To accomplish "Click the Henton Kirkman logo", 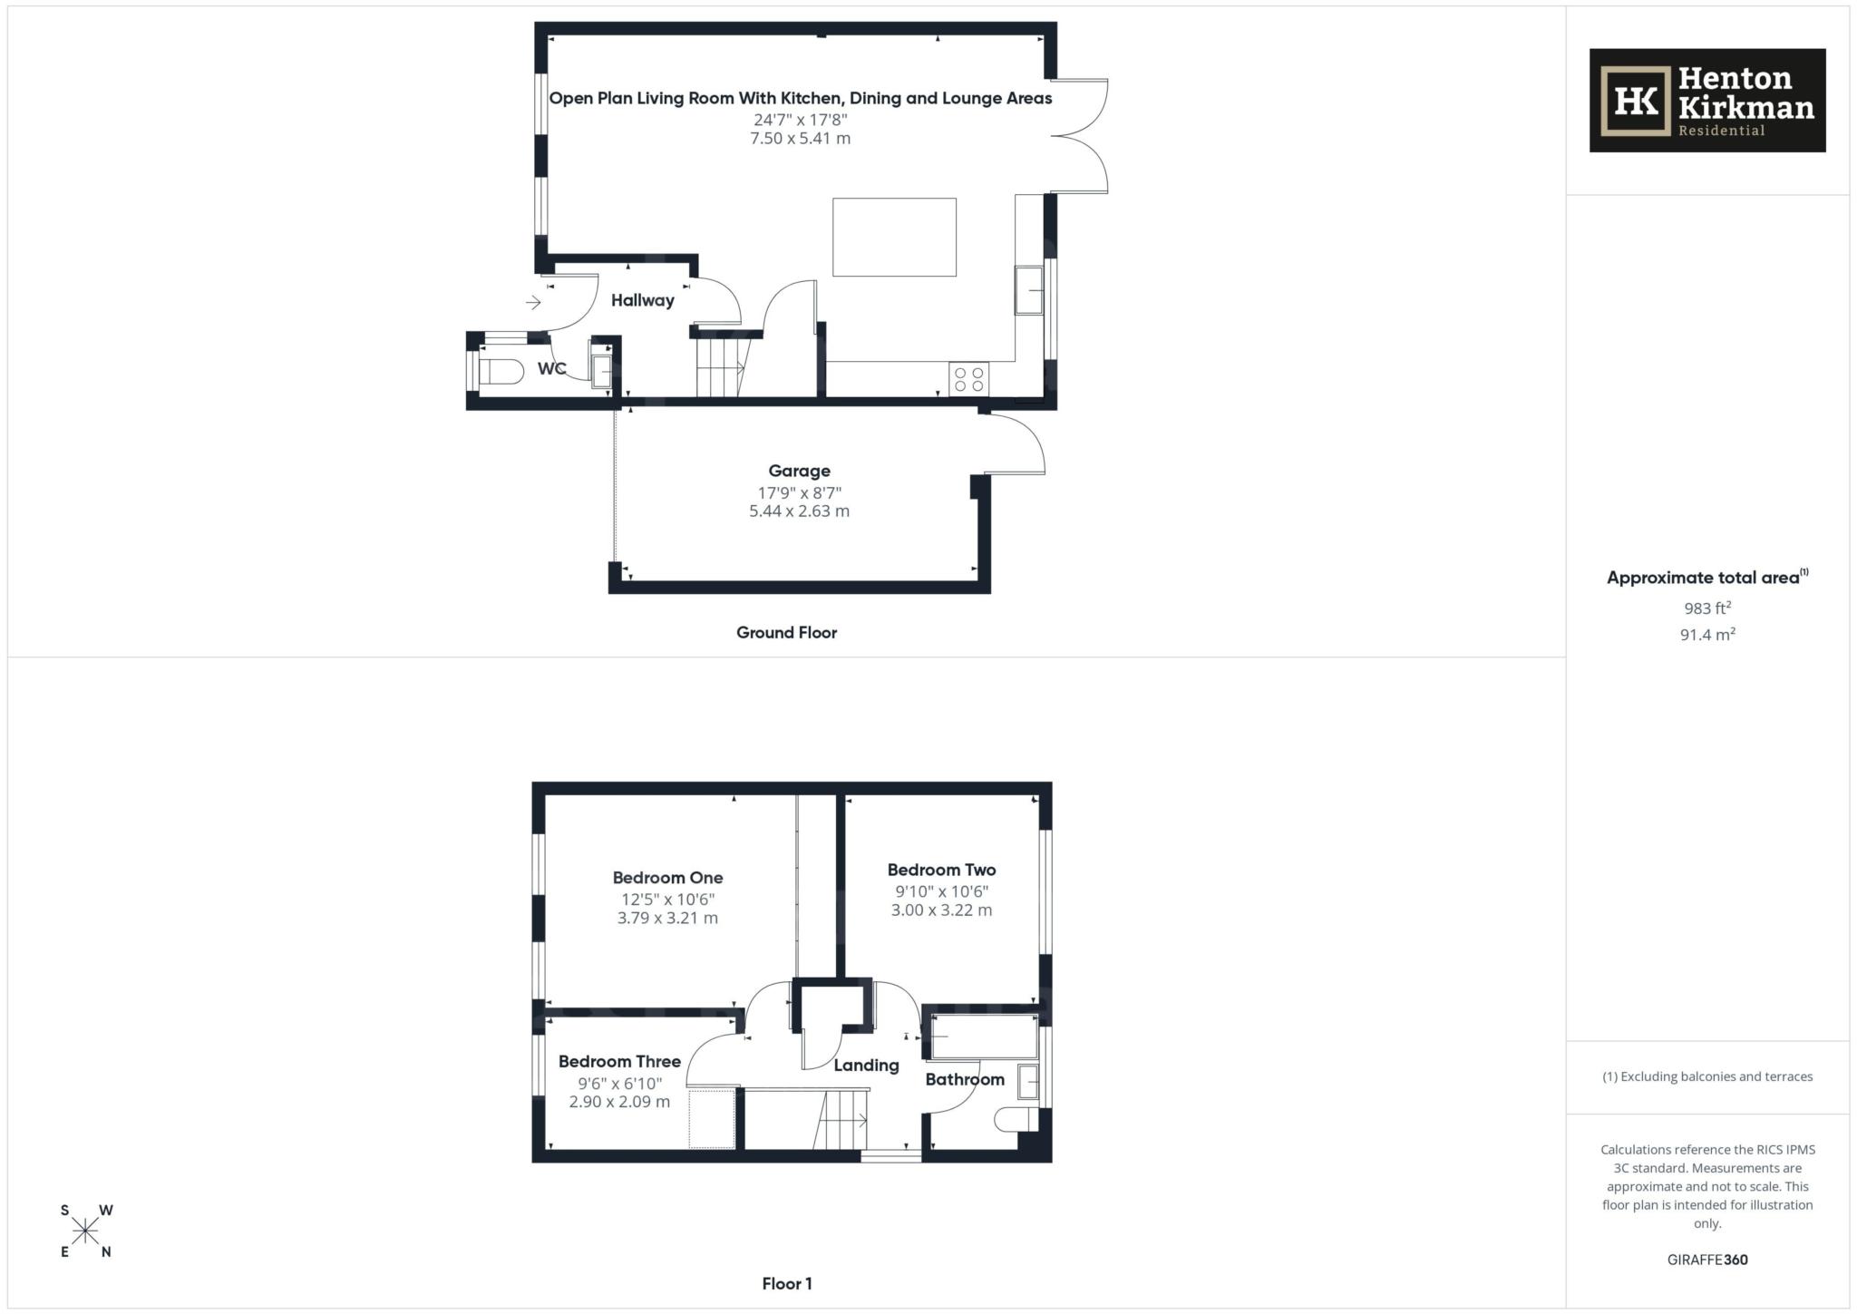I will (1706, 101).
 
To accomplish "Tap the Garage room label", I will (799, 471).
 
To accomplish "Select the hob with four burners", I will (968, 379).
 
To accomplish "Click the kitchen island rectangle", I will (894, 237).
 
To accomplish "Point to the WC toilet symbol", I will (501, 371).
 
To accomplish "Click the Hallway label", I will (642, 300).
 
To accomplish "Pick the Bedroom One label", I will (667, 877).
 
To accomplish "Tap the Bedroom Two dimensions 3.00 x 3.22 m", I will (941, 910).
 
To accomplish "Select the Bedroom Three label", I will (619, 1061).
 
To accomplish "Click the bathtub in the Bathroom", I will (985, 1037).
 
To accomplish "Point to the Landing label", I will (866, 1066).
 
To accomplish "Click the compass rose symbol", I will (86, 1231).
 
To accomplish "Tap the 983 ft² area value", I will (1707, 608).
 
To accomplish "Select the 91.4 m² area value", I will (1707, 635).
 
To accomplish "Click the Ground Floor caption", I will (786, 632).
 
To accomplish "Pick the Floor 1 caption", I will (786, 1283).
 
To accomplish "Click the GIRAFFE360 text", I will (1707, 1260).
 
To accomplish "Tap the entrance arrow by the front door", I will (533, 302).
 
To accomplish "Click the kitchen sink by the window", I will (1028, 290).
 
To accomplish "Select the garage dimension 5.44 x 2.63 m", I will (799, 511).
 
